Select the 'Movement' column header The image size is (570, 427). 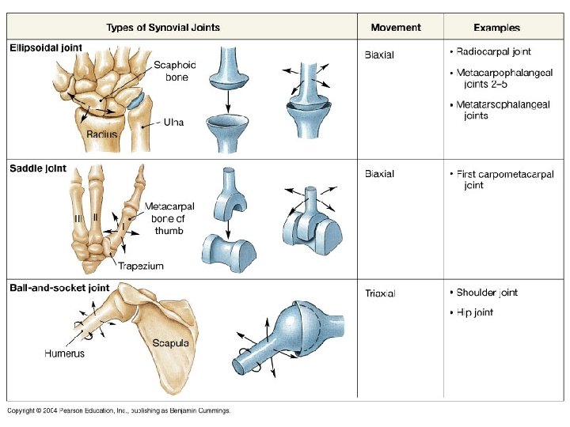396,28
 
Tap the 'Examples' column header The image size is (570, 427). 497,28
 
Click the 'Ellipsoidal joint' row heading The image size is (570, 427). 46,48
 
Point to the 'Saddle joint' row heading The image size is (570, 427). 38,168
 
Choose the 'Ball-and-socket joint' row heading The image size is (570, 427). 59,288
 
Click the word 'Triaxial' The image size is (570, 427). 380,293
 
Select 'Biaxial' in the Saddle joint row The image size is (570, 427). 379,174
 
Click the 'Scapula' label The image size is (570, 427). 170,343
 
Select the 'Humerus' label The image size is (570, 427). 64,353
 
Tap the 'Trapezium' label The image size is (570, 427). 141,266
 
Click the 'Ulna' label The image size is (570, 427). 173,123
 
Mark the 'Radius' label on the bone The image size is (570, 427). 102,134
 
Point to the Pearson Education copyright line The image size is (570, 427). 119,410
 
